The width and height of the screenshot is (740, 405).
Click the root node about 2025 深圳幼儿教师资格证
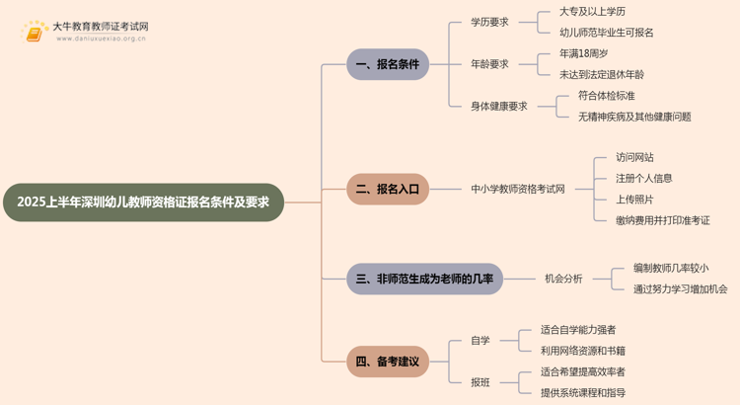[x=143, y=202]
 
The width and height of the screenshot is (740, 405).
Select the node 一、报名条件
[x=388, y=64]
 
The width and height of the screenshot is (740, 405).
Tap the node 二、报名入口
[x=388, y=189]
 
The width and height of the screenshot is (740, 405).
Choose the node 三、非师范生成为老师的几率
[x=424, y=279]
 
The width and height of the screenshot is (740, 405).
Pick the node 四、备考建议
[x=388, y=362]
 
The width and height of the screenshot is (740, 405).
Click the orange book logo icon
[x=34, y=33]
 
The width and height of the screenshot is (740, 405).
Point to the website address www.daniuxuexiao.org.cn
[x=101, y=39]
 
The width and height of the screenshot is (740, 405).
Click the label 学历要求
[x=489, y=22]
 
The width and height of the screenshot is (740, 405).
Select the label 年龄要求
[x=489, y=64]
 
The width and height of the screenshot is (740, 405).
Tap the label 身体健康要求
[x=499, y=107]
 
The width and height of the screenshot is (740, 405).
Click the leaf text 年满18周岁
[x=583, y=54]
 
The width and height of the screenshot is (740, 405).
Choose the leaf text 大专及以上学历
[x=592, y=12]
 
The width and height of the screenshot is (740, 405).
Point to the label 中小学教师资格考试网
[x=518, y=189]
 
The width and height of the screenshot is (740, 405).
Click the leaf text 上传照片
[x=634, y=200]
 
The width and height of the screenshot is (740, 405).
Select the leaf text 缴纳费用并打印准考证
[x=663, y=220]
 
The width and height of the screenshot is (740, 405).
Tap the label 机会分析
[x=563, y=279]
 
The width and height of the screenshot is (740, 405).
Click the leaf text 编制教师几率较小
[x=671, y=269]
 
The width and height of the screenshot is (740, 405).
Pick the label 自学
[x=480, y=340]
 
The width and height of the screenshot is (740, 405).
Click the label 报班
[x=480, y=382]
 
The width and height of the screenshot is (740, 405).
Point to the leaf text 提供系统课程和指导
[x=583, y=393]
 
